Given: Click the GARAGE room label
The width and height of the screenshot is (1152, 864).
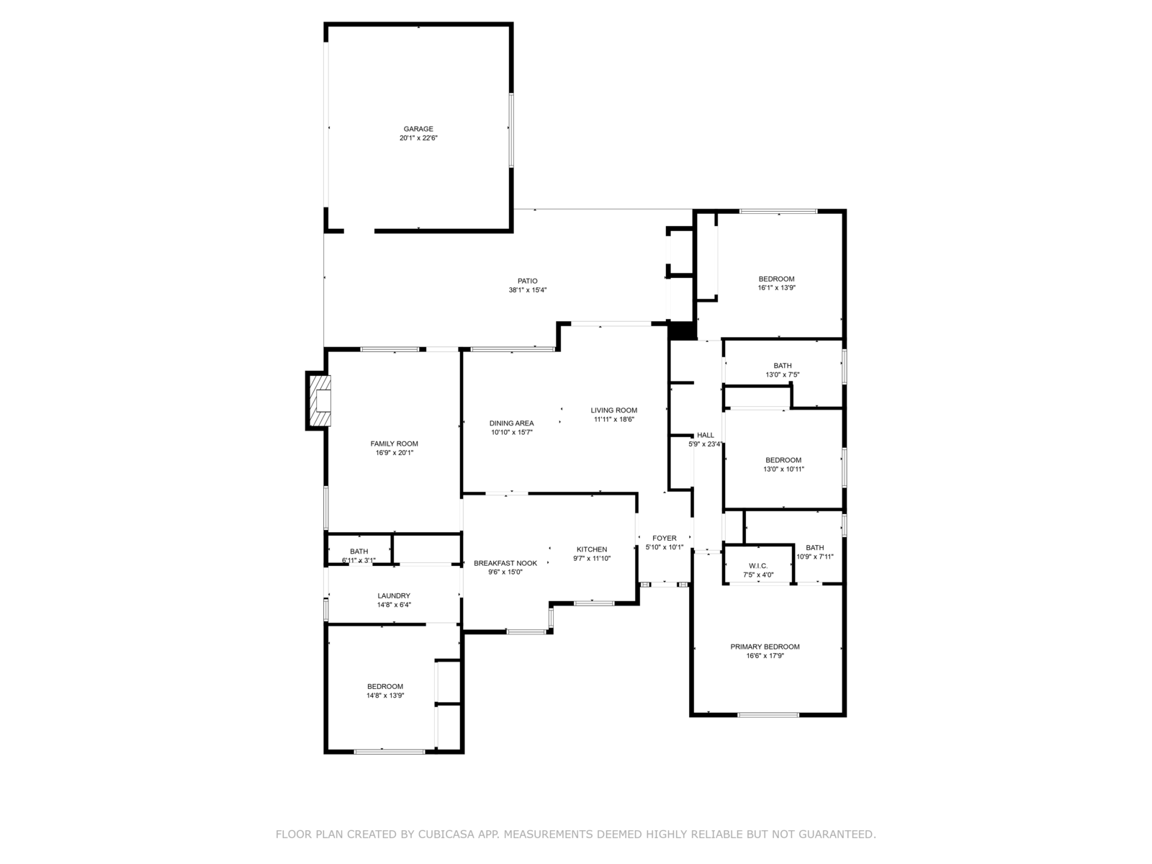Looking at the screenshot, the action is point(418,129).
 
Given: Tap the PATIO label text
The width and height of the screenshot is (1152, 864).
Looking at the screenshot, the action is point(527,281).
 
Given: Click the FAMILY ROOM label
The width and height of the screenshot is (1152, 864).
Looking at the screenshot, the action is point(394,444).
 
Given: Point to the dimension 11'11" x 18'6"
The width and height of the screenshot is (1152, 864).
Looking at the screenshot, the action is point(613,419).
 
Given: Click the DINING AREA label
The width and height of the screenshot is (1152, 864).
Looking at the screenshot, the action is point(511,423).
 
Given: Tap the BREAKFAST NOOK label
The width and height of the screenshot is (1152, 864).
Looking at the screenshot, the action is point(505,563).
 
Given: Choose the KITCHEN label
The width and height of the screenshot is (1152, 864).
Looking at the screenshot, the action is point(592,549).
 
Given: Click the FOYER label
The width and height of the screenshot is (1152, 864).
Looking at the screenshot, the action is point(664,538).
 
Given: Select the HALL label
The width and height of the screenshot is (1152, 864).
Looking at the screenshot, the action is point(706,435).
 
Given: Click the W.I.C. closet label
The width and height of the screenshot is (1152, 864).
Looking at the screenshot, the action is point(758,565).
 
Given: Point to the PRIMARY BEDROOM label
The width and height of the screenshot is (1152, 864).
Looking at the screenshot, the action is point(765,647).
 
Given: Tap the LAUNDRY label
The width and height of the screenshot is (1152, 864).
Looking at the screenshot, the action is point(394,595).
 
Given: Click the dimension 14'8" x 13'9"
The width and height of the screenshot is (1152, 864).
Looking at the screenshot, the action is point(385,696).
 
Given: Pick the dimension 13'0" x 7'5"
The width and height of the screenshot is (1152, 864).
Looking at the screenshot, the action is point(782,374).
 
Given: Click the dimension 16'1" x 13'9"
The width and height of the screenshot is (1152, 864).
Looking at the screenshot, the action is point(776,287).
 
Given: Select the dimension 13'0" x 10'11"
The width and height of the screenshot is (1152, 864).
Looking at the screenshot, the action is point(783,469).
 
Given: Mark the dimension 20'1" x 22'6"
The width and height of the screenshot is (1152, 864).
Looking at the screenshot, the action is point(418,138).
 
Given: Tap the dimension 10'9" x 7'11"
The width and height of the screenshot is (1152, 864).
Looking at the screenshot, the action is point(814,557).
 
